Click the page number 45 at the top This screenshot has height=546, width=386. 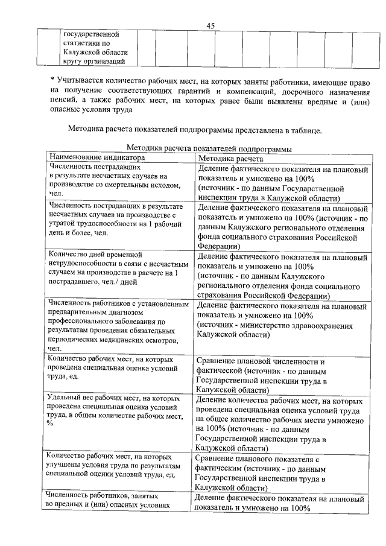click(210, 25)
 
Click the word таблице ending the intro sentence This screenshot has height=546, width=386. click(306, 129)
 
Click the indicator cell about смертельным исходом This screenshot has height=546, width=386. click(115, 179)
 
